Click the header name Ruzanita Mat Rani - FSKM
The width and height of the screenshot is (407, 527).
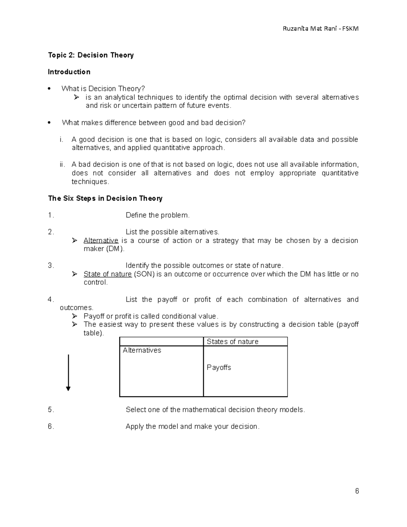click(x=321, y=29)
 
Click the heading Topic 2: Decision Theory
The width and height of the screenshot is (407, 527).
click(x=91, y=55)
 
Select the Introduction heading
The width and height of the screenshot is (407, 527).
click(x=69, y=72)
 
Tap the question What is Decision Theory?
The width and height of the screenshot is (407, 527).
click(x=103, y=89)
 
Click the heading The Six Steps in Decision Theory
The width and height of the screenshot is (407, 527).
click(x=105, y=199)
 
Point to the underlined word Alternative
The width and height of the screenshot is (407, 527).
click(x=101, y=241)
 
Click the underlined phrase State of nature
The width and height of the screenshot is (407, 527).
click(x=108, y=274)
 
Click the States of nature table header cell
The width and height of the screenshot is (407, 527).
click(x=233, y=342)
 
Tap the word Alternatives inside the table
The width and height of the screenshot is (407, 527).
click(x=142, y=350)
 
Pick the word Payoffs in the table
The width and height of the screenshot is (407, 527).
click(x=219, y=368)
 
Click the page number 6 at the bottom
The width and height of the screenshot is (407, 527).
click(x=357, y=491)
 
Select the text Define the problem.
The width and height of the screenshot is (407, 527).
click(x=158, y=215)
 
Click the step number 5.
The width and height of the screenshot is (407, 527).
click(x=51, y=410)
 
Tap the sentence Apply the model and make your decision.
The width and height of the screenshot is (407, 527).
click(x=192, y=427)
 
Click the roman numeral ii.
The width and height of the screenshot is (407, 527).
click(x=62, y=165)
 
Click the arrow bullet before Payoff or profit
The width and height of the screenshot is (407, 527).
click(x=75, y=316)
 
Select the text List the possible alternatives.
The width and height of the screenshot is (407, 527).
click(x=172, y=232)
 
